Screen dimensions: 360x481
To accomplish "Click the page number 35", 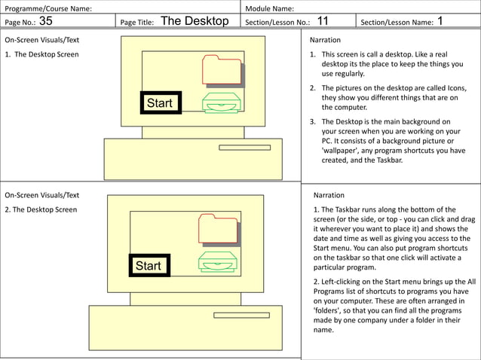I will pyautogui.click(x=45, y=21).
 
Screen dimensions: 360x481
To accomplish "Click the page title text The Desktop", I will pyautogui.click(x=195, y=21).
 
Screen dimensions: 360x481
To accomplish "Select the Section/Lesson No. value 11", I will pyautogui.click(x=322, y=21).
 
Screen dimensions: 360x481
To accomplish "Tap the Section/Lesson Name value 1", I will pyautogui.click(x=440, y=21).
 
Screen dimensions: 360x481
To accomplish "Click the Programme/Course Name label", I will pyautogui.click(x=48, y=8).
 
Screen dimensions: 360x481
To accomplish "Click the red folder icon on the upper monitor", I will pyautogui.click(x=222, y=70).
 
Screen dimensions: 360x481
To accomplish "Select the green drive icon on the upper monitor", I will pyautogui.click(x=221, y=103).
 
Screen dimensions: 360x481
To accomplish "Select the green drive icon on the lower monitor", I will pyautogui.click(x=218, y=261).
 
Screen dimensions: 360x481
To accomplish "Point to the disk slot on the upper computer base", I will pyautogui.click(x=244, y=148).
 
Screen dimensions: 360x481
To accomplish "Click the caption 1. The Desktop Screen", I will pyautogui.click(x=41, y=54).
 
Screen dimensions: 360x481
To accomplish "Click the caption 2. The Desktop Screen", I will pyautogui.click(x=41, y=209).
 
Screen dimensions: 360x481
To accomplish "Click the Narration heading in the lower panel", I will pyautogui.click(x=328, y=195).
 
